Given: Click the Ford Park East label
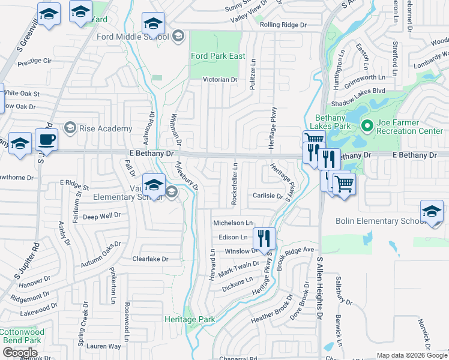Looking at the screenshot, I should [x=218, y=56].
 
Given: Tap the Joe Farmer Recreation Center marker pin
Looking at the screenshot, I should [x=367, y=126].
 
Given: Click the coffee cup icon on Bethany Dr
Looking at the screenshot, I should [x=46, y=140].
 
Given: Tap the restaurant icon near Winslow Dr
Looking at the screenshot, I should [x=264, y=238].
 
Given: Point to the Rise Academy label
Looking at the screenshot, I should [x=106, y=128].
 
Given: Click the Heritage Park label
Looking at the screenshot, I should [x=190, y=320].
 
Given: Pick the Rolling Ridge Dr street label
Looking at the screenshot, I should [x=283, y=25].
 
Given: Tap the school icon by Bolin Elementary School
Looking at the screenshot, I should [x=432, y=213].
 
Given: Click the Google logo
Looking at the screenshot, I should [x=20, y=353].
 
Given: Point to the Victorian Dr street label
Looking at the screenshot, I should [x=220, y=79].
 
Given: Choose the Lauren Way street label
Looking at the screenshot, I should [x=103, y=346].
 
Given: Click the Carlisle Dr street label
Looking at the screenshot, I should [x=267, y=196].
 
